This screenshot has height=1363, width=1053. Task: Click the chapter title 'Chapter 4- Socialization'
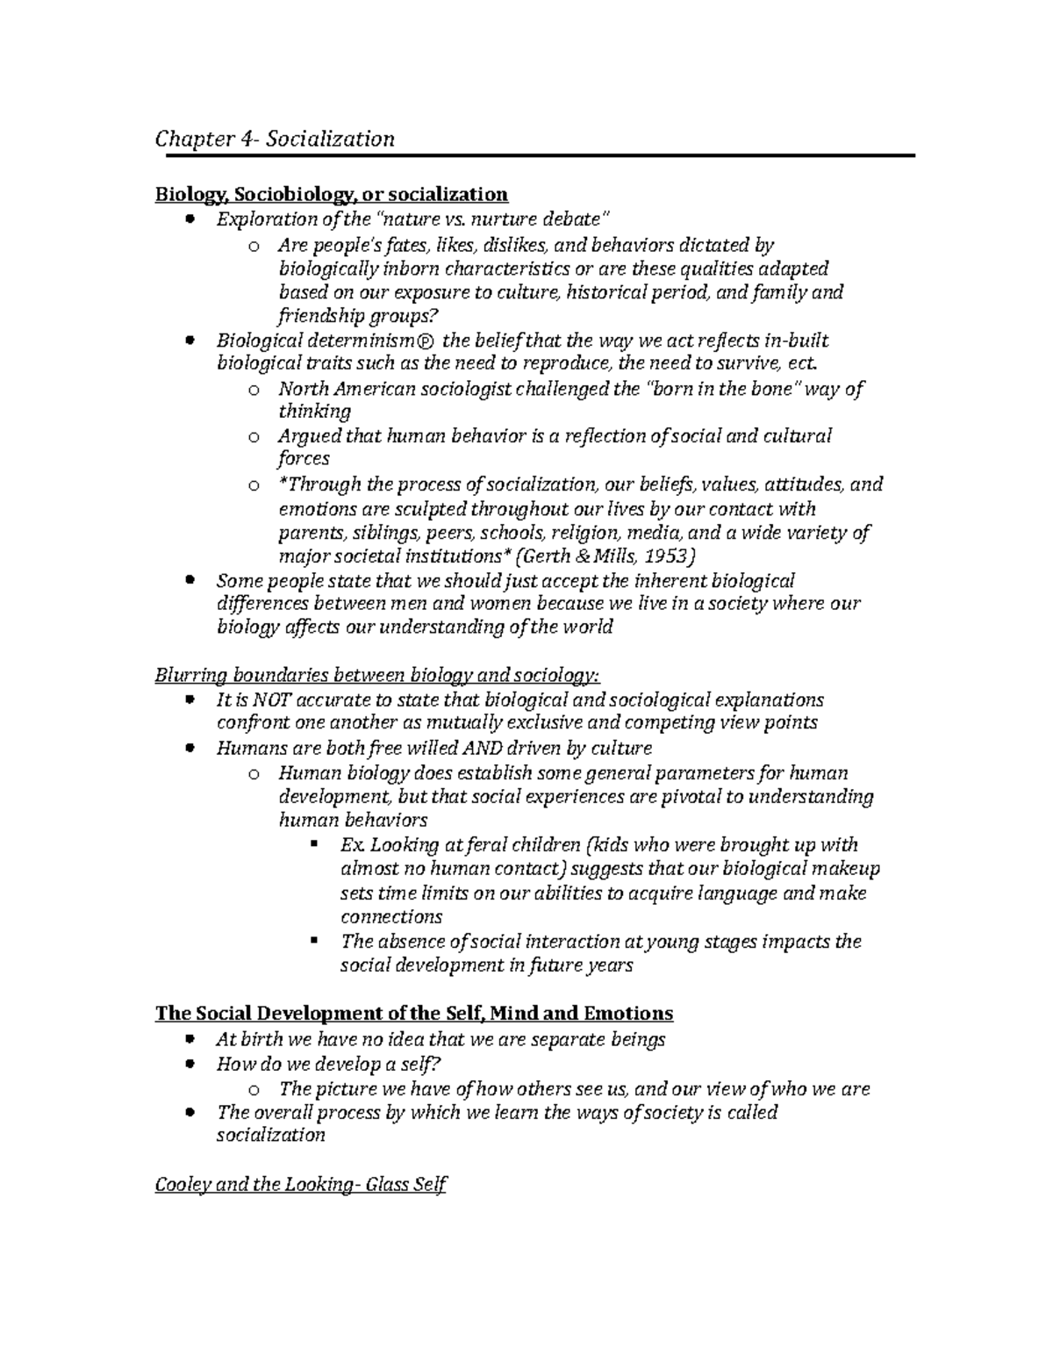tap(275, 139)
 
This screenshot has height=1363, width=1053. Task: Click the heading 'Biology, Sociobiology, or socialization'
tap(331, 193)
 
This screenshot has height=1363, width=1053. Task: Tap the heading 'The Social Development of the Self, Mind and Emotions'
tap(413, 1013)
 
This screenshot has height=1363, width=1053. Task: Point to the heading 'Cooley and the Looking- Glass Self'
tap(300, 1185)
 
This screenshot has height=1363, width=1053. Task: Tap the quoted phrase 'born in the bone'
tap(723, 389)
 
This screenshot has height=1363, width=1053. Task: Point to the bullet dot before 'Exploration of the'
tap(190, 219)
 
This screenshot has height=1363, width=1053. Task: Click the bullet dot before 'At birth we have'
tap(190, 1040)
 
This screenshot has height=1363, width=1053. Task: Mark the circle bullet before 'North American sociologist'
tap(253, 390)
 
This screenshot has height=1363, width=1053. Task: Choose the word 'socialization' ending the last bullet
tap(270, 1135)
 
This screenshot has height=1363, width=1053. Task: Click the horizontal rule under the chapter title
tap(534, 155)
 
